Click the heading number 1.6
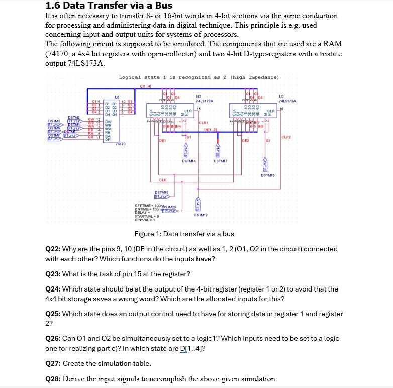pyautogui.click(x=53, y=6)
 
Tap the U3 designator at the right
pyautogui.click(x=288, y=96)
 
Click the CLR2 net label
pyautogui.click(x=286, y=136)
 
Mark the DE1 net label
pyautogui.click(x=162, y=141)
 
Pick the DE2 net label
pyautogui.click(x=245, y=141)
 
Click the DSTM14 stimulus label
pyautogui.click(x=189, y=161)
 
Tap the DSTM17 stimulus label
pyautogui.click(x=221, y=161)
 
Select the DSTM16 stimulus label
pyautogui.click(x=267, y=175)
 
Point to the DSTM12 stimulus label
pyautogui.click(x=201, y=215)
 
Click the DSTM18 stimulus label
pyautogui.click(x=161, y=192)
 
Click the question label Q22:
pyautogui.click(x=53, y=249)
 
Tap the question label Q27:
pyautogui.click(x=53, y=363)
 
